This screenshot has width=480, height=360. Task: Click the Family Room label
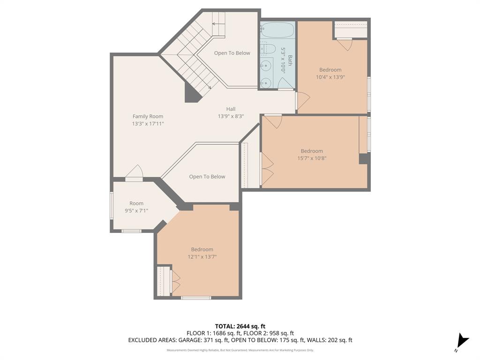click(x=148, y=116)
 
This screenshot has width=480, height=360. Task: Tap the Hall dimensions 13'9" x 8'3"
click(x=231, y=116)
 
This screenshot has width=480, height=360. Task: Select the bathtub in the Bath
click(x=277, y=30)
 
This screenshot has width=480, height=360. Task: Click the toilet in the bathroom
click(x=268, y=49)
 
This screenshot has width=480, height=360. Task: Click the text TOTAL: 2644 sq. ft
click(x=240, y=326)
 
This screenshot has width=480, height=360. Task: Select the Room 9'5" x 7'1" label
click(x=136, y=207)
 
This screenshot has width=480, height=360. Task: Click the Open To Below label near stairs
click(x=232, y=53)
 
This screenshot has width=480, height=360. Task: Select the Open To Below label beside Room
click(x=207, y=177)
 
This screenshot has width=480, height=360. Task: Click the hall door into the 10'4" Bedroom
click(x=302, y=101)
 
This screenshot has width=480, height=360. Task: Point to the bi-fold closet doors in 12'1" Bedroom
click(x=176, y=281)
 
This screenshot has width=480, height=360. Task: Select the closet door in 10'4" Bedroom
click(x=345, y=44)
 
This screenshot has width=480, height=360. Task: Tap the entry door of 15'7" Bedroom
click(x=273, y=121)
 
